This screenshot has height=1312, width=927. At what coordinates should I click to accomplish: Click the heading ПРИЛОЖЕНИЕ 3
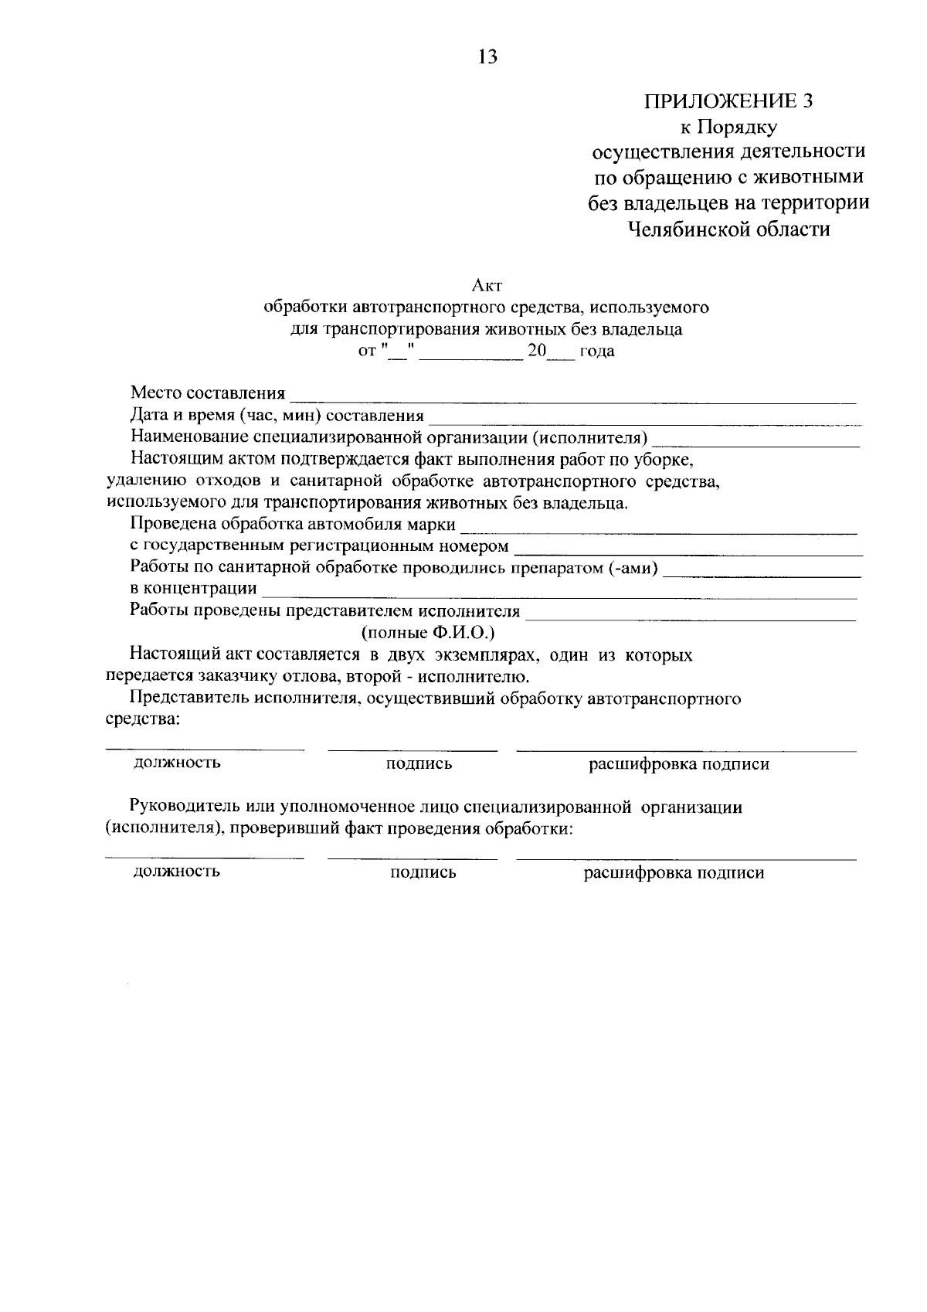point(729,101)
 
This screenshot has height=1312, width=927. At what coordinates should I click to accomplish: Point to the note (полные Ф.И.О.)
point(428,633)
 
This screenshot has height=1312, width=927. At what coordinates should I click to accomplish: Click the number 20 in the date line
point(535,352)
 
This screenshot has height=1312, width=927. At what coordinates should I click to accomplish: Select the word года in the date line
point(596,352)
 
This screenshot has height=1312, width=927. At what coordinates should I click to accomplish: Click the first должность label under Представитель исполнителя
point(177,763)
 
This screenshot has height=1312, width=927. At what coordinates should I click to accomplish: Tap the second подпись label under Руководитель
point(423,872)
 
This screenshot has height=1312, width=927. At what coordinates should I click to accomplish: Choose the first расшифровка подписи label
point(679,764)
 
